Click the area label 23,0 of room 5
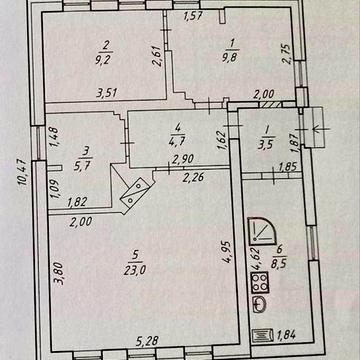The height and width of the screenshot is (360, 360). (x=135, y=269)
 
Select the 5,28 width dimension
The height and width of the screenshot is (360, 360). (x=147, y=341)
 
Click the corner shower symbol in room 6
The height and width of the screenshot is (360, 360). (x=260, y=230)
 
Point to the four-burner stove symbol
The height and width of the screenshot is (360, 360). (x=260, y=282)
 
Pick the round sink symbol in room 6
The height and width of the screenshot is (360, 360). (x=259, y=305)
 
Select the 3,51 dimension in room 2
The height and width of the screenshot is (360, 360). (x=107, y=92)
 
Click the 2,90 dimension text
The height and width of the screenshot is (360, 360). (x=182, y=160)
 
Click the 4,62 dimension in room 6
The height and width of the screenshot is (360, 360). (x=257, y=257)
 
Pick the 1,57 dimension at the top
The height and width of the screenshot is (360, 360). (x=194, y=15)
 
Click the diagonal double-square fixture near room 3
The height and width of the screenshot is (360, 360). (x=135, y=193)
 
